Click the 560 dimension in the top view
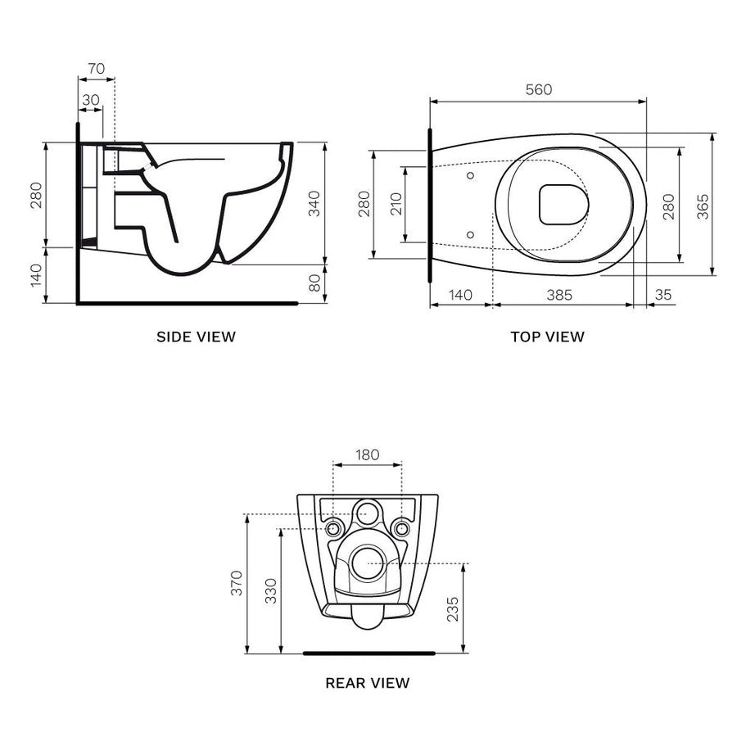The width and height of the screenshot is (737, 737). (538, 90)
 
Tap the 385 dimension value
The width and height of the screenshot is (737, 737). (559, 295)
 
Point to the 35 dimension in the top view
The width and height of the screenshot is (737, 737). (663, 295)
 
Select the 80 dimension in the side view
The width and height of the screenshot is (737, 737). (314, 283)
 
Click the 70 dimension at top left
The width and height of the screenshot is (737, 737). (96, 69)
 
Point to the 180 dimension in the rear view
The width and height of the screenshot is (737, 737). (368, 454)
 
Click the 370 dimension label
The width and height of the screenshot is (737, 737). (237, 584)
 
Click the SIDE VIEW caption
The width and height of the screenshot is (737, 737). (196, 337)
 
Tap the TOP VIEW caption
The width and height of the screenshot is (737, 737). (547, 337)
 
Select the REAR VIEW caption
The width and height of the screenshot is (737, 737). (368, 682)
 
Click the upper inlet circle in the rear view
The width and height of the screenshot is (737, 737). (368, 513)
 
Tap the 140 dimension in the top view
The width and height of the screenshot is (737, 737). (460, 295)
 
